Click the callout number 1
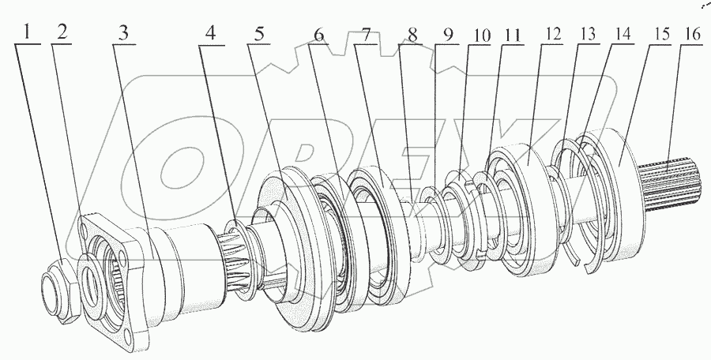point(27,32)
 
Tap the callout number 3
point(123,33)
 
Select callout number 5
point(259,34)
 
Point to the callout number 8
point(412,35)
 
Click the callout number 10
point(482,36)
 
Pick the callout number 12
point(553,35)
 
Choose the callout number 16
point(692,33)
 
